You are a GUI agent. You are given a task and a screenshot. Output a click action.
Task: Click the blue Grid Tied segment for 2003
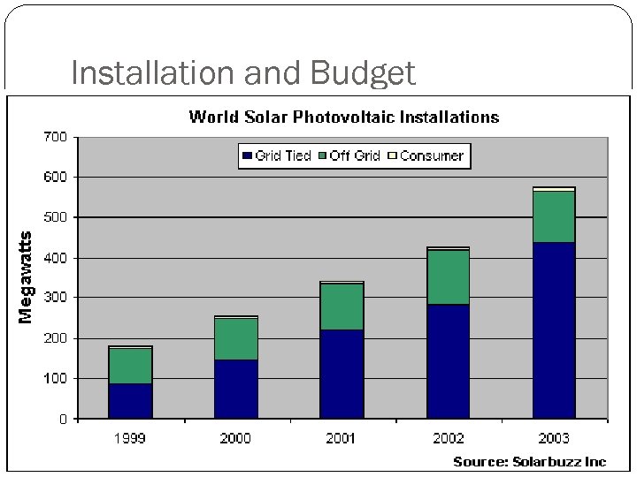tap(554, 329)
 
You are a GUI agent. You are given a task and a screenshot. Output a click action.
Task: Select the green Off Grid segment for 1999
tap(130, 366)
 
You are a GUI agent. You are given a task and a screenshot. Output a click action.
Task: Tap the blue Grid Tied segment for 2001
tap(342, 374)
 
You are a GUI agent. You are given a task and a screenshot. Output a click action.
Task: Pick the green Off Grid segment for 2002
tap(448, 276)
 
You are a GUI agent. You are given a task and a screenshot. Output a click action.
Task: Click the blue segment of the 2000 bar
tap(236, 389)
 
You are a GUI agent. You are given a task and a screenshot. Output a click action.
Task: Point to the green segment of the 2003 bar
tap(554, 216)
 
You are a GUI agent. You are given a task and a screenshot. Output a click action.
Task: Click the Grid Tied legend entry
tap(276, 155)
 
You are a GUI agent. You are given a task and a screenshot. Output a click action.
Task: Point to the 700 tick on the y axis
tap(55, 137)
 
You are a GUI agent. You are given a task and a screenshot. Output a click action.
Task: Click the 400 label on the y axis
tap(55, 258)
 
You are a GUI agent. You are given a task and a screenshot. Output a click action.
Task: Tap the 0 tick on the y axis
tap(62, 419)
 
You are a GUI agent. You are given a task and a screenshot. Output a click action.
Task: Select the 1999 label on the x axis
tap(130, 438)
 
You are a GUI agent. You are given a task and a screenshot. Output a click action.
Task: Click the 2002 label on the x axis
tap(448, 438)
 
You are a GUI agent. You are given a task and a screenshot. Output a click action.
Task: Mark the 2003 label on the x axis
tap(554, 438)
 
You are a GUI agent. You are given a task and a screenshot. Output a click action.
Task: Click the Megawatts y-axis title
tap(27, 277)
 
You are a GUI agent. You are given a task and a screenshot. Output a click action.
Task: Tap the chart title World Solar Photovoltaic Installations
tap(344, 117)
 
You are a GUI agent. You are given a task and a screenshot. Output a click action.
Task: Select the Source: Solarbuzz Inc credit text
tap(530, 462)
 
